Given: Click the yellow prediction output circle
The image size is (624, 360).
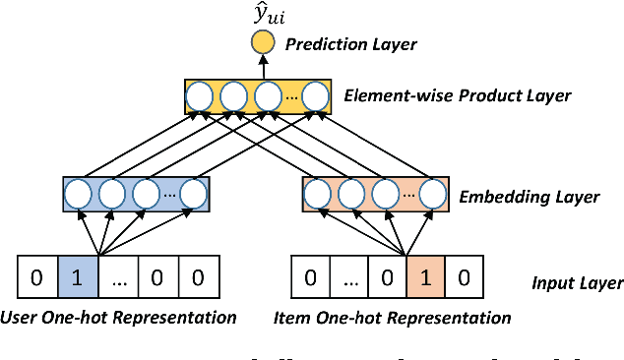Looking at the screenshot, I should (x=263, y=44).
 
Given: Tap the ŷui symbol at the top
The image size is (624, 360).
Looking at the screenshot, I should (x=263, y=15).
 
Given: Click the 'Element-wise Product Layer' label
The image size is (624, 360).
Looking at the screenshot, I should (x=457, y=96).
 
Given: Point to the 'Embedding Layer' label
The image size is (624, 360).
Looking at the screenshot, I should (x=529, y=197).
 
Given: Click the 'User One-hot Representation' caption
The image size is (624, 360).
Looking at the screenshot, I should (x=120, y=318).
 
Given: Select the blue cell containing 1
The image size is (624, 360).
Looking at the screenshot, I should (x=78, y=278).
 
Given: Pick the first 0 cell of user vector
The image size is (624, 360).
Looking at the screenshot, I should (x=37, y=278).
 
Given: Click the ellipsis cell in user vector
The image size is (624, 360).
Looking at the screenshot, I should (x=118, y=278).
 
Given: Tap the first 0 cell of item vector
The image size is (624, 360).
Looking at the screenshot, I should (x=310, y=278).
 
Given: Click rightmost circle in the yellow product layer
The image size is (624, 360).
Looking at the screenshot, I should (x=315, y=96).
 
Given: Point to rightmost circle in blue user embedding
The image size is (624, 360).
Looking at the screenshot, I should (x=194, y=192).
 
